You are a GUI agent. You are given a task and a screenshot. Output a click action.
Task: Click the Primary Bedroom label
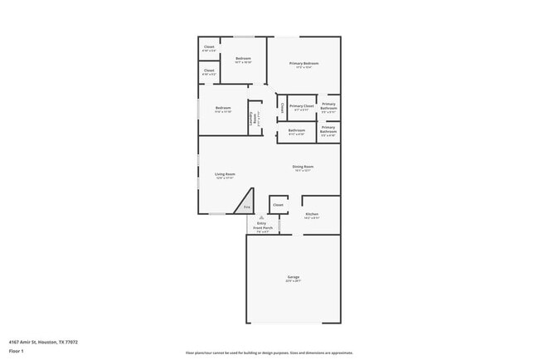(x=303, y=64)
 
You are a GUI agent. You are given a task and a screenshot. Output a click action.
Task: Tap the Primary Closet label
(x=302, y=106)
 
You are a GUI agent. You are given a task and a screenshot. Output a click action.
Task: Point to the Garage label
(x=294, y=276)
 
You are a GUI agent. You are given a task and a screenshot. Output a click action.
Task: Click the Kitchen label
(x=312, y=214)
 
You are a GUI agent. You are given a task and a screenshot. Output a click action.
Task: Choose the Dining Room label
(x=303, y=167)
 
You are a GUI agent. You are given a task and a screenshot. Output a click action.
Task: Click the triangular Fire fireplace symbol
(x=246, y=207)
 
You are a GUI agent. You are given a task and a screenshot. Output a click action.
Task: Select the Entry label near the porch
(x=261, y=222)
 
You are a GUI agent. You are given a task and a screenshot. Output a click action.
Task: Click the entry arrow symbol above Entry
(x=261, y=216)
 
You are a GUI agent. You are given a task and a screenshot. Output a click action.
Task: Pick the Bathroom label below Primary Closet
(x=297, y=130)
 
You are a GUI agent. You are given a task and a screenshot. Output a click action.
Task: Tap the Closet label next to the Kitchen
(x=278, y=205)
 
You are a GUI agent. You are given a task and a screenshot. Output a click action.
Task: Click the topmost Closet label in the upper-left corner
(x=209, y=46)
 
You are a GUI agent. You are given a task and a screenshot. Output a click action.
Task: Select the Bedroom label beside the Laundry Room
(x=223, y=109)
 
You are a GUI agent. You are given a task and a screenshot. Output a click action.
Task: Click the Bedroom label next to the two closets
(x=243, y=59)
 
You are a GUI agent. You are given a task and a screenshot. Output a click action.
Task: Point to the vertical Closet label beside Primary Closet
(x=282, y=107)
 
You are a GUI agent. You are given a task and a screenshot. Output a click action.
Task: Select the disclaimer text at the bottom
(x=269, y=353)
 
